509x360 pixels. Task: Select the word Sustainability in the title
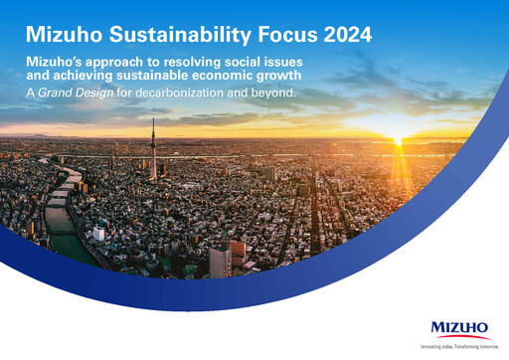pos(177,35)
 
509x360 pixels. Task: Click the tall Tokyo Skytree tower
pos(153,149)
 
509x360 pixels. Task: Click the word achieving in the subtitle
pos(112,78)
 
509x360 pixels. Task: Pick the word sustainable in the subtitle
pos(183,78)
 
